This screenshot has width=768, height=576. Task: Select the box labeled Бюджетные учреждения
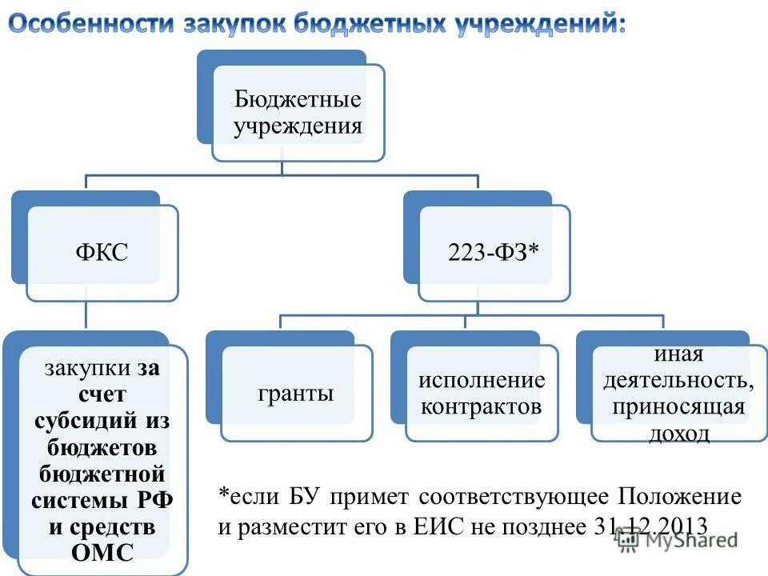pos(298,113)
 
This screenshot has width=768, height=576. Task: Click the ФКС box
pos(102,253)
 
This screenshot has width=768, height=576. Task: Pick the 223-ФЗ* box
pos(493,253)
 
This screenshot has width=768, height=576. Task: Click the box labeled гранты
pos(296,394)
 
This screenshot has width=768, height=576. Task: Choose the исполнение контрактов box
pos(481,394)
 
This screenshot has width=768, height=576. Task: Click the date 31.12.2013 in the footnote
pos(651,526)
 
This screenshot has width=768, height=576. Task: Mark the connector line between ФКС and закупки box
pos(86,316)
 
